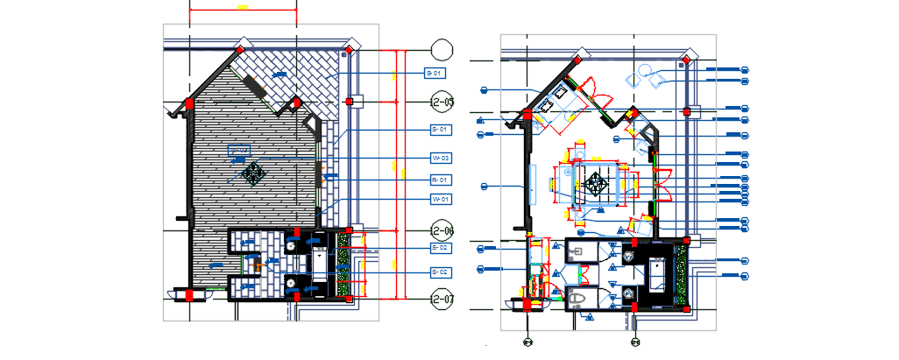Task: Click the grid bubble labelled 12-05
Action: pos(442,103)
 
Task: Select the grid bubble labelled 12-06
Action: pos(442,232)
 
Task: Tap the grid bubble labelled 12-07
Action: pos(442,300)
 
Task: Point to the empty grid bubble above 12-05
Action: pos(442,50)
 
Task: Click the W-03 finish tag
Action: pos(440,159)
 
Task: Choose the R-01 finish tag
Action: pos(440,180)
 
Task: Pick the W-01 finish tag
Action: pos(440,200)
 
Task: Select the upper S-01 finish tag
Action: pos(435,73)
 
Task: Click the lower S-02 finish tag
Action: pos(440,272)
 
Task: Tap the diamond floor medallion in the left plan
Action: pos(254,173)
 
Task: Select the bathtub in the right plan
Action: pos(655,274)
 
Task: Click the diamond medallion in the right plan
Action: pos(598,185)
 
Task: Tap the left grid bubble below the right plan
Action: pos(527,342)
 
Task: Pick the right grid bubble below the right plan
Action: pos(634,342)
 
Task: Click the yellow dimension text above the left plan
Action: pos(243,8)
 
